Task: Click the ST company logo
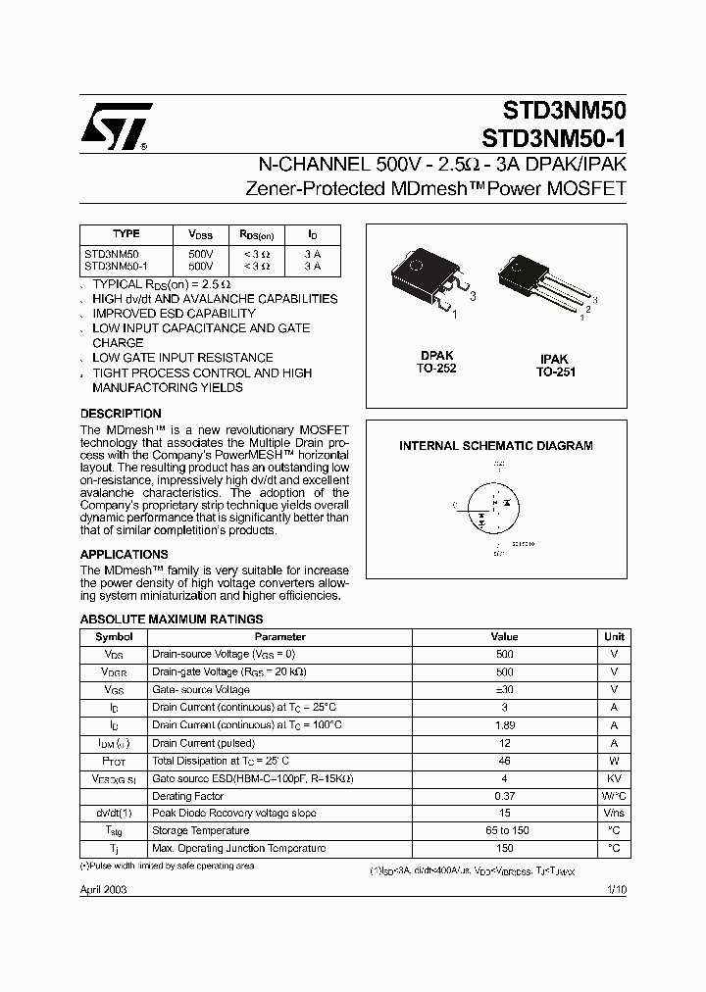click(116, 127)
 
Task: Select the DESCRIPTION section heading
click(121, 414)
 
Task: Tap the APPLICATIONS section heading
click(124, 555)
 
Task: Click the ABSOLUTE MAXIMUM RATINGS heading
click(171, 620)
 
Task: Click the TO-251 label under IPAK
click(555, 372)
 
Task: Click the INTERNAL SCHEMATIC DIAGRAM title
click(495, 446)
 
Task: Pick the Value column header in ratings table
click(504, 637)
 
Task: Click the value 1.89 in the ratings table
click(504, 725)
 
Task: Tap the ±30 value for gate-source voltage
click(504, 690)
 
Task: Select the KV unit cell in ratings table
click(614, 778)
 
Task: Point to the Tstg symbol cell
click(114, 831)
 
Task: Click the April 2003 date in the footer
click(103, 889)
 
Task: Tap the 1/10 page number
click(614, 889)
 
